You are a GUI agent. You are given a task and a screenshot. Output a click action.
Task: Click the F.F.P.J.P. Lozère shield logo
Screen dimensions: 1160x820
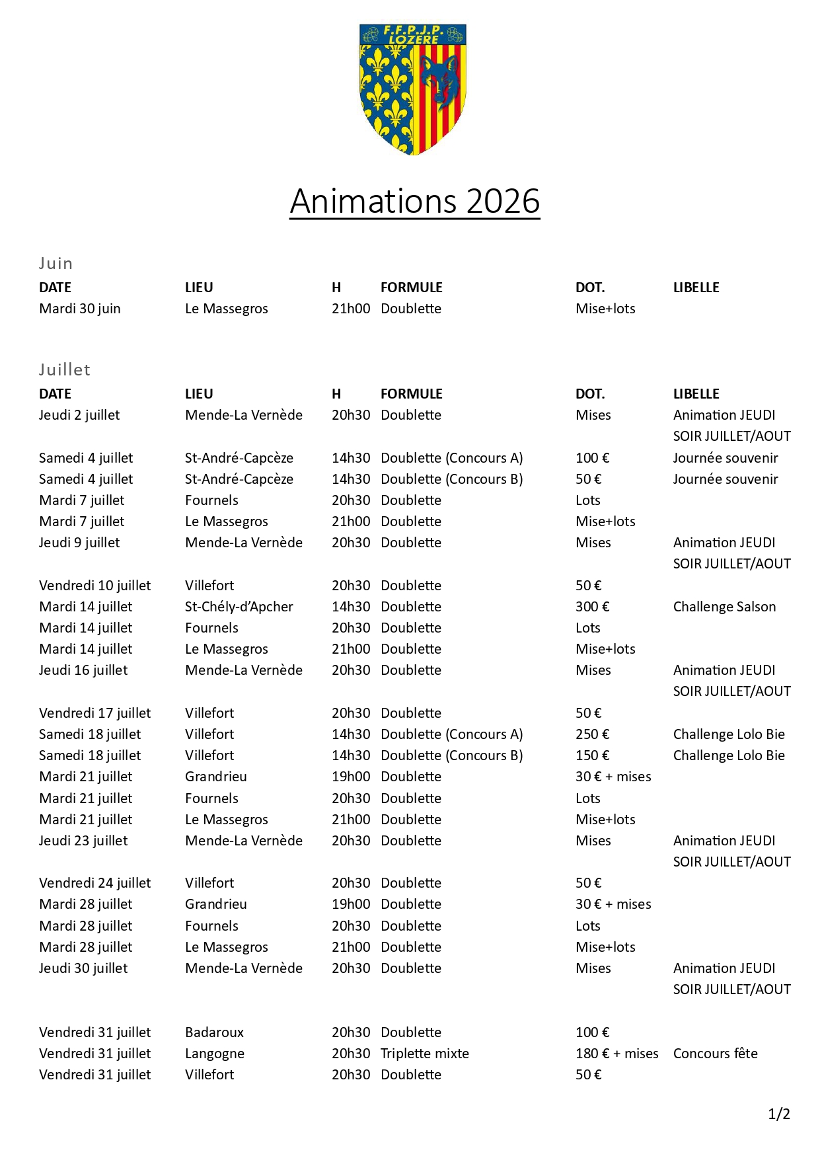[413, 89]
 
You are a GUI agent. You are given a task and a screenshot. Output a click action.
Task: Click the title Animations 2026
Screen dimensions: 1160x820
[415, 201]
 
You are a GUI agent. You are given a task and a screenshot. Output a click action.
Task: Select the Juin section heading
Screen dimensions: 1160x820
[56, 263]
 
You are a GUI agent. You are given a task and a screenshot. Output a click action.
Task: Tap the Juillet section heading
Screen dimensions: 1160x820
[65, 369]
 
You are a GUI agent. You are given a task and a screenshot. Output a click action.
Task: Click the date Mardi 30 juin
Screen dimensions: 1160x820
[80, 309]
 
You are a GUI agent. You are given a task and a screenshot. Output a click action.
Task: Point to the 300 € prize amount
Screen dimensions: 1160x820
[592, 607]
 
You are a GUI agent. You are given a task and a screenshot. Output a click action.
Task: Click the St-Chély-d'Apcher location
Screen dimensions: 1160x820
[239, 607]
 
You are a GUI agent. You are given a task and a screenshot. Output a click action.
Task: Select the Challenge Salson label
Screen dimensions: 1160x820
[724, 607]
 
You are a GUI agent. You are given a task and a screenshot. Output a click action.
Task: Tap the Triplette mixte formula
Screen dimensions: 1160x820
[425, 1054]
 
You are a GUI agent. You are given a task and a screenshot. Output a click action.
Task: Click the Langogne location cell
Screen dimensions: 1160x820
[215, 1054]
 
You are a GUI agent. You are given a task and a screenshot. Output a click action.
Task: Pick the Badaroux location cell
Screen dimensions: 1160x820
[214, 1032]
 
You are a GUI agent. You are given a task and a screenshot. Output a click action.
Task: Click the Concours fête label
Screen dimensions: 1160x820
[715, 1054]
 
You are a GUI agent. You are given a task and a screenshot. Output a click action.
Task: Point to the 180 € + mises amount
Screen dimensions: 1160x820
[616, 1054]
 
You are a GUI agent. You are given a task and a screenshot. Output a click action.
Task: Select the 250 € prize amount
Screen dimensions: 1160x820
[592, 734]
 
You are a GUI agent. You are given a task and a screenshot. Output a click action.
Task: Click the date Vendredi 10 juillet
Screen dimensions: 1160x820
[94, 586]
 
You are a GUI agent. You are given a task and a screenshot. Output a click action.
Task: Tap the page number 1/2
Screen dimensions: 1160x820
[779, 1114]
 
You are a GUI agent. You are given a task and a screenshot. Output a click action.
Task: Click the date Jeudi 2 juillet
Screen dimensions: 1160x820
[79, 415]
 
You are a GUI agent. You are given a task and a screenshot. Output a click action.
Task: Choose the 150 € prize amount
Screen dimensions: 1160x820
[592, 755]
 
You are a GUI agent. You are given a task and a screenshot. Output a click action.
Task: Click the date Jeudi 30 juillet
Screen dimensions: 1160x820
[83, 968]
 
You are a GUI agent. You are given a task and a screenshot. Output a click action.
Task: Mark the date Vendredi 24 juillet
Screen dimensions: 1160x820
[94, 883]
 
